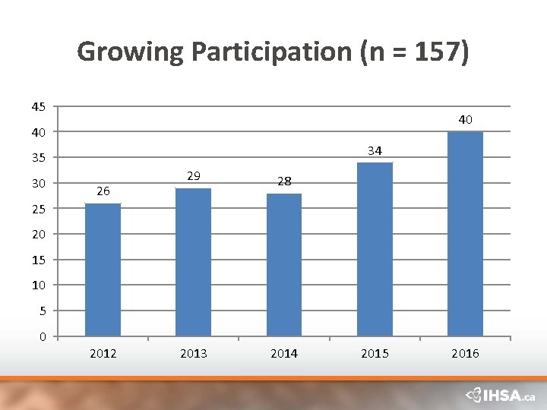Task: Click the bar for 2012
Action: (x=103, y=270)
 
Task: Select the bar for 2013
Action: (x=193, y=262)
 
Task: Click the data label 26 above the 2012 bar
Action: (x=103, y=192)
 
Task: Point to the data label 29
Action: (x=194, y=176)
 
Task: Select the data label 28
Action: (x=284, y=181)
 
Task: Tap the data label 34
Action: (x=375, y=151)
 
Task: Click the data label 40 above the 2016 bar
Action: (x=465, y=119)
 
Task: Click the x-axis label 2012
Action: (x=103, y=354)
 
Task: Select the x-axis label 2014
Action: (x=284, y=354)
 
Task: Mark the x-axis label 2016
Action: (x=465, y=354)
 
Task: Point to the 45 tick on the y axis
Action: (x=39, y=107)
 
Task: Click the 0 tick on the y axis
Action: (x=43, y=336)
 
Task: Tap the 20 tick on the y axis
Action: (x=39, y=235)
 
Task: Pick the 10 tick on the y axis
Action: (x=39, y=285)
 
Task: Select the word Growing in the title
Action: (x=131, y=52)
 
